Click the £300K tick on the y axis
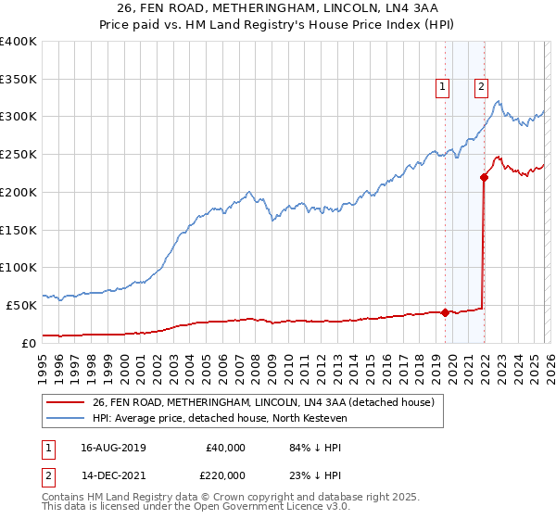click(x=19, y=117)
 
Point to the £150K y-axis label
click(x=19, y=230)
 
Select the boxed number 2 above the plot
click(x=482, y=88)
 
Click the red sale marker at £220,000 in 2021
click(x=484, y=177)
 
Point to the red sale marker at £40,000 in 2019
click(x=445, y=312)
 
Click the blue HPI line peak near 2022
click(x=498, y=102)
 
